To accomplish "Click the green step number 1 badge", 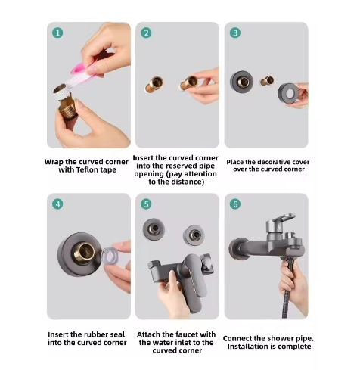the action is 57,33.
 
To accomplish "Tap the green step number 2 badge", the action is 146,33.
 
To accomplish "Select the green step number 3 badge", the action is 235,33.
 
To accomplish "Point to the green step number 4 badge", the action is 57,204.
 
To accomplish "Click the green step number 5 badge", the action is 146,204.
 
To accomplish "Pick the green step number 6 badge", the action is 235,204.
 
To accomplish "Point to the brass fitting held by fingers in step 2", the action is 189,83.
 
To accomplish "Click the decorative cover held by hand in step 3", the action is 288,93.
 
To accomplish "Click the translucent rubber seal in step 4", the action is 109,256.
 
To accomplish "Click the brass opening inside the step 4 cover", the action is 84,253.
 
